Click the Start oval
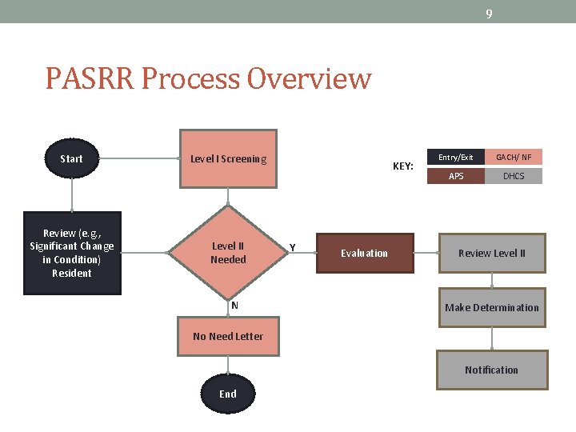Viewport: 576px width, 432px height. point(71,158)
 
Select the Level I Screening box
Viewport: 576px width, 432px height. point(228,158)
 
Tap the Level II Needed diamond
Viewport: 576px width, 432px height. point(228,253)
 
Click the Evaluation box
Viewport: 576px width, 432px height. point(365,253)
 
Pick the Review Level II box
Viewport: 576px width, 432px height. point(491,253)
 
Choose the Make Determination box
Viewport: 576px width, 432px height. point(491,307)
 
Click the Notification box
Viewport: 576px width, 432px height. point(491,370)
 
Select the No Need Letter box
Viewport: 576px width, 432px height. point(228,336)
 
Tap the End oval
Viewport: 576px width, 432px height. point(228,394)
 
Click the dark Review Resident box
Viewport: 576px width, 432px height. point(72,253)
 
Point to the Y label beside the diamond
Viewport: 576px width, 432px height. point(292,247)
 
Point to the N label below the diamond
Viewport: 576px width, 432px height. point(234,305)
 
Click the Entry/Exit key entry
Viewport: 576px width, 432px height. point(456,158)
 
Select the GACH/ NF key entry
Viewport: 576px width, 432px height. point(514,158)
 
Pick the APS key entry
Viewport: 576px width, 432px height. point(456,176)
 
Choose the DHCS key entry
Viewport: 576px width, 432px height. point(514,176)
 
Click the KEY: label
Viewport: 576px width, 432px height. point(403,166)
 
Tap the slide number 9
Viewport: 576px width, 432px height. point(489,13)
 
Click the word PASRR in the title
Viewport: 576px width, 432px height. point(85,79)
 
